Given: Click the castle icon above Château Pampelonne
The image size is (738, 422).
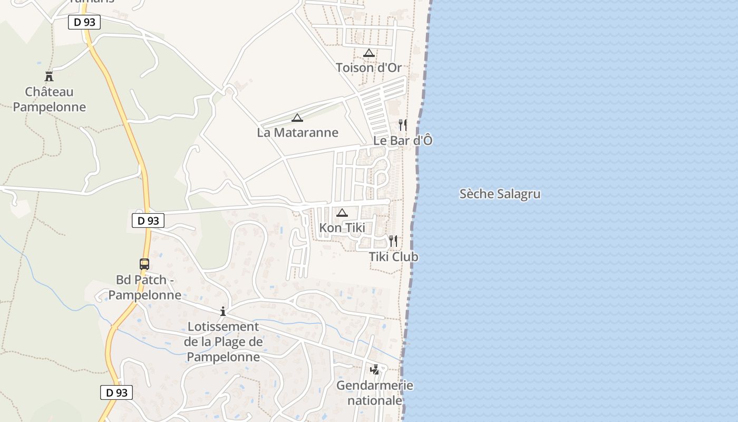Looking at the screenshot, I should (49, 76).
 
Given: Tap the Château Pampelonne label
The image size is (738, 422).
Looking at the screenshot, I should (49, 99).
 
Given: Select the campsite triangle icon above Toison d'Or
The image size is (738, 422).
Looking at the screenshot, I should (369, 53).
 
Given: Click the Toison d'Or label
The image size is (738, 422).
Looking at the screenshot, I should (369, 68).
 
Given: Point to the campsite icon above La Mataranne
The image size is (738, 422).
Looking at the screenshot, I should (297, 118).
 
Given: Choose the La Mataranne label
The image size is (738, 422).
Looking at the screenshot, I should (297, 132).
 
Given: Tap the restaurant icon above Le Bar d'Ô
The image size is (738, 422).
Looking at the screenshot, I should (403, 125).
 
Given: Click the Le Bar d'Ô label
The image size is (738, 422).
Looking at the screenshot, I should (403, 140).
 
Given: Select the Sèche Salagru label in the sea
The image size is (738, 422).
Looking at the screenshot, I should (500, 194).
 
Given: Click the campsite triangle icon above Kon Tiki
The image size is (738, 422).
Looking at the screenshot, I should (342, 213).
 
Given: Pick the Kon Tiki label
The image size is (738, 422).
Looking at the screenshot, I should (342, 228).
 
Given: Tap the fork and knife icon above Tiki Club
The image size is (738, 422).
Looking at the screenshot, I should (393, 241).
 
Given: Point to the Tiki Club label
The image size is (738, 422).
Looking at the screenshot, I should (393, 257).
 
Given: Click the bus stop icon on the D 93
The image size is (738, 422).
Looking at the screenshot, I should (144, 264).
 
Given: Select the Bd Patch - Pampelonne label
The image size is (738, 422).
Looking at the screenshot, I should (149, 287).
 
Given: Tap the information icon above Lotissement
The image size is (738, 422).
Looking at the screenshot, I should (223, 311).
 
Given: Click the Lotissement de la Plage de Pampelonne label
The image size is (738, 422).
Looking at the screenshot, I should (223, 342).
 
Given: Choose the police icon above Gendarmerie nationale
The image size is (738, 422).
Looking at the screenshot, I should (375, 370).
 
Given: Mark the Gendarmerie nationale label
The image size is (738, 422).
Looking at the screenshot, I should (375, 393).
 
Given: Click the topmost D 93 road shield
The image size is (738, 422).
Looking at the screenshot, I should (84, 22).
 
